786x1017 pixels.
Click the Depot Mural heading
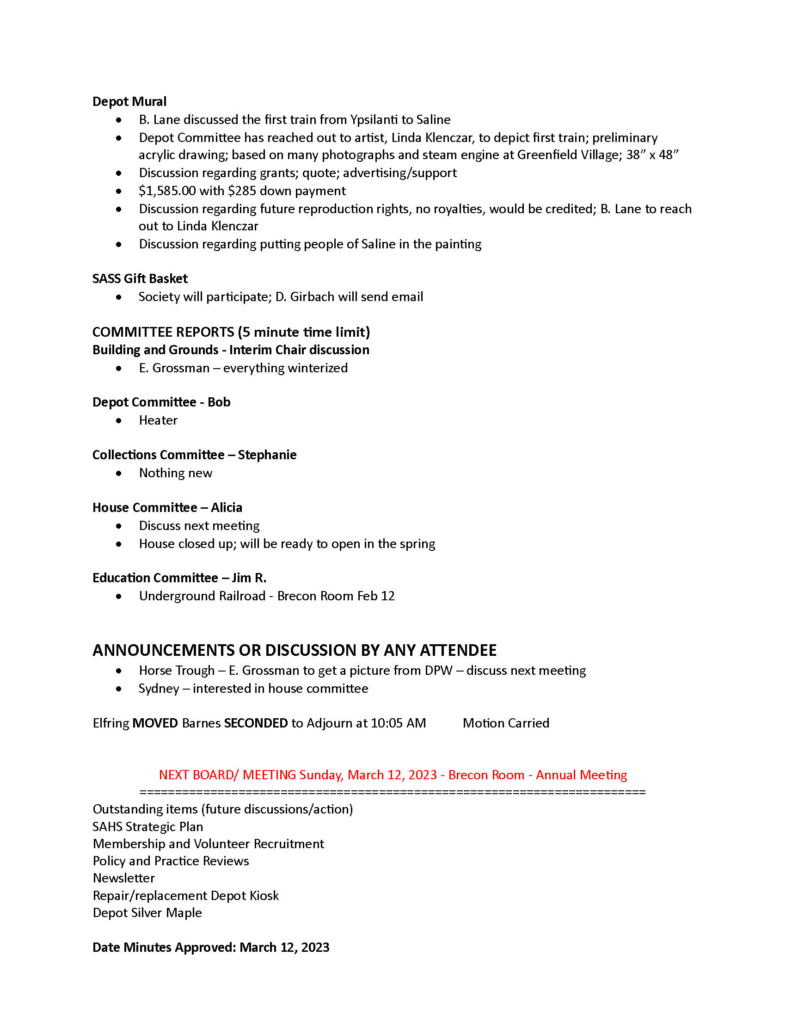[x=129, y=101]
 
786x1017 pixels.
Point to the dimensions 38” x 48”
[x=652, y=155]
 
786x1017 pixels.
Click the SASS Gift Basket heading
[x=140, y=278]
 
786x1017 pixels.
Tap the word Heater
[x=158, y=420]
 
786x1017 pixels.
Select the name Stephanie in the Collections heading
[x=267, y=455]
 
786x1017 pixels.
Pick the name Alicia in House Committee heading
[x=226, y=507]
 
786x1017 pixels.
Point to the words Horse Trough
[x=177, y=671]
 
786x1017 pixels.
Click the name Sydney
[x=158, y=689]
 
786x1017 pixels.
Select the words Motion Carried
[x=506, y=723]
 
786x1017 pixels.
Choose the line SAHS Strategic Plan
[x=147, y=826]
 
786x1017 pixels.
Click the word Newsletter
[x=124, y=878]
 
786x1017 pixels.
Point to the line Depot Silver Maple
[x=147, y=912]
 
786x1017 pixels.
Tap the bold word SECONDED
[x=256, y=723]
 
